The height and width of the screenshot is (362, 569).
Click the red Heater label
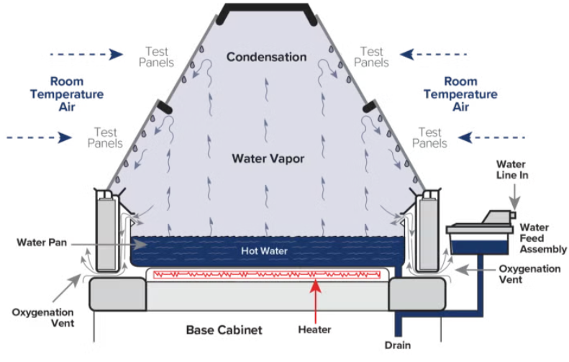[x=314, y=330]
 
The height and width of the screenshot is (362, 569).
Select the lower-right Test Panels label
[x=430, y=137]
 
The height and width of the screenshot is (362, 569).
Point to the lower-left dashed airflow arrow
[x=40, y=136]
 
